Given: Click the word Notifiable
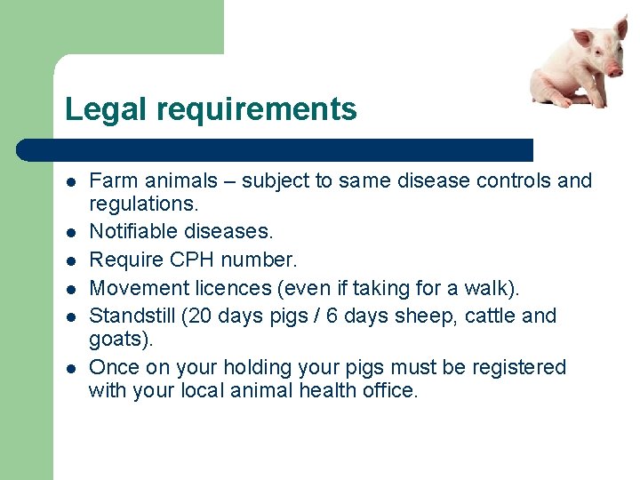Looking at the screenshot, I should click(134, 232).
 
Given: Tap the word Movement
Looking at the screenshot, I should click(132, 287).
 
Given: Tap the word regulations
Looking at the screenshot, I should click(141, 204).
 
